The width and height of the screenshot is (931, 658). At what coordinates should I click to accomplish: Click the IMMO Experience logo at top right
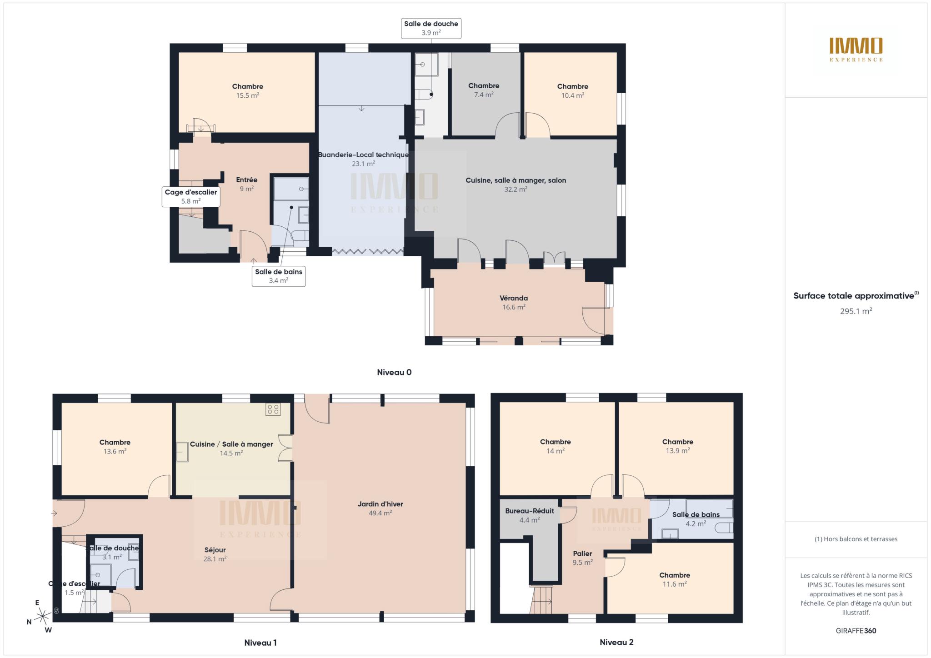coord(856,50)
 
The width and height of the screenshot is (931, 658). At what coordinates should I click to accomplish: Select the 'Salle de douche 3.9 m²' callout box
coord(431,28)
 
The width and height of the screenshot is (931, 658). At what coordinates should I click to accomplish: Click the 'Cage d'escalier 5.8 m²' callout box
coord(191,197)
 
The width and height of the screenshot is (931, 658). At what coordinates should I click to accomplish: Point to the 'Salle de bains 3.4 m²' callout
coord(279,276)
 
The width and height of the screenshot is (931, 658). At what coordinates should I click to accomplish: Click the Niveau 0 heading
coord(394,372)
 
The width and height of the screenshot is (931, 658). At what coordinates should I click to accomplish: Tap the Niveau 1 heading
coord(260,643)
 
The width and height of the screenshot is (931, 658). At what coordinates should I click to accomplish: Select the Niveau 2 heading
coord(616,642)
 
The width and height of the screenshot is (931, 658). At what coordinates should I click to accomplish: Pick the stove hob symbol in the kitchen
coord(273,409)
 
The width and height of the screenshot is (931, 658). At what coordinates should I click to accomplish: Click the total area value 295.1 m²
coord(856,311)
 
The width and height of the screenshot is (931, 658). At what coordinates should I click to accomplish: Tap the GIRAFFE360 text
coord(856,631)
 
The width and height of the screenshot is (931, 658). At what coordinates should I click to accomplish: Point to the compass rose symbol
coord(43,616)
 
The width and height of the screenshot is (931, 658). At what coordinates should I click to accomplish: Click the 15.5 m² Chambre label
coord(247,91)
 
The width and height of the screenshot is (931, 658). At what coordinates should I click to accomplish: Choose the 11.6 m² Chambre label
coord(675,579)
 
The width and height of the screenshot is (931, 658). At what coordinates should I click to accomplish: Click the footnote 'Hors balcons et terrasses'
coord(856,539)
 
